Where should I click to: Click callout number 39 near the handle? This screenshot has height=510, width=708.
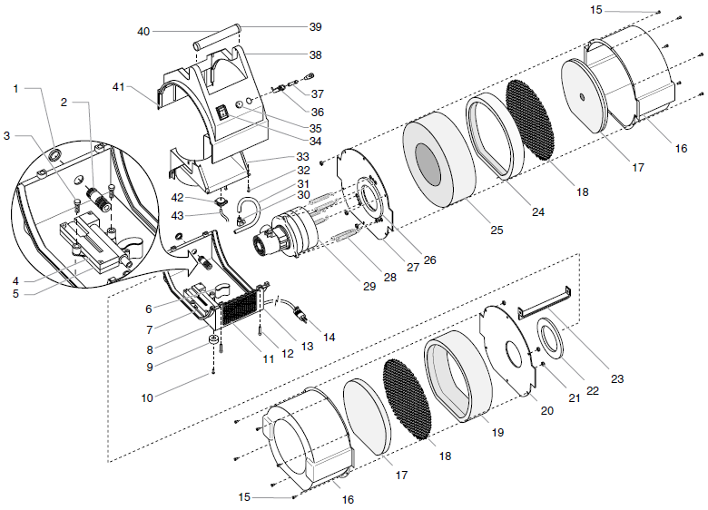(315, 26)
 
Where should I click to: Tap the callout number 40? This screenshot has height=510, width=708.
(143, 31)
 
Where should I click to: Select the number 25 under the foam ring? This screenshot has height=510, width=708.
(497, 231)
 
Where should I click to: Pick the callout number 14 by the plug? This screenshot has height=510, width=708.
(329, 337)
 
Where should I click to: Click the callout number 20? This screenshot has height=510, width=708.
(546, 410)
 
